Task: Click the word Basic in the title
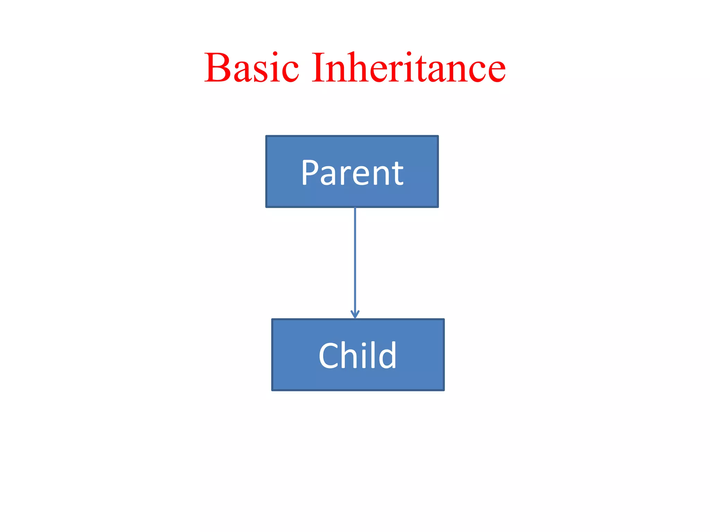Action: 251,68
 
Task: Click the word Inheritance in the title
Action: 408,68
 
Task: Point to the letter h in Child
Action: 349,355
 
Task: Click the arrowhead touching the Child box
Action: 355,314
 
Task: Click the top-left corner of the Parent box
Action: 267,136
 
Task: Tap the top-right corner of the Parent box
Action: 438,136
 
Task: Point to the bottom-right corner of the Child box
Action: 444,390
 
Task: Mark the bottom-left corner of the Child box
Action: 272,390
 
